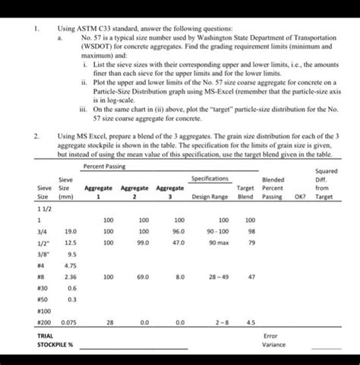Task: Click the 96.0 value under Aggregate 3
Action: (x=179, y=230)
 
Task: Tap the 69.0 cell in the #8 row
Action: (x=144, y=278)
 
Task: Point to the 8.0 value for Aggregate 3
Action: (x=180, y=278)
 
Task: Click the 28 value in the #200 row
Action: (x=111, y=322)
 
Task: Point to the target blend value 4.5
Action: (x=251, y=322)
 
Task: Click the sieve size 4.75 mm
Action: (x=72, y=265)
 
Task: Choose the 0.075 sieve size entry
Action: (x=70, y=322)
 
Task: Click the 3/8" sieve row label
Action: (x=43, y=254)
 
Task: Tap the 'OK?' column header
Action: (x=300, y=195)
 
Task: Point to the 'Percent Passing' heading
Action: (x=104, y=165)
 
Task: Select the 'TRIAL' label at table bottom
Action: (x=45, y=335)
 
